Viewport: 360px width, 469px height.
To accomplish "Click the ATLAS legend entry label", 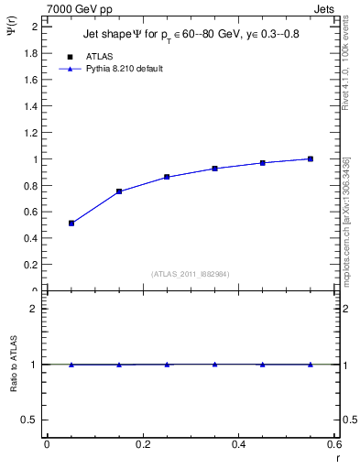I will click(99, 57).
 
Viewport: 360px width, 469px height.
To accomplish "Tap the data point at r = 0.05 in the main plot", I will click(71, 223).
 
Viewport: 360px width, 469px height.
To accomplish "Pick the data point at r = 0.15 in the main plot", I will click(119, 191).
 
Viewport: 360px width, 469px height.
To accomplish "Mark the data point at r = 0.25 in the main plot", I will click(167, 177).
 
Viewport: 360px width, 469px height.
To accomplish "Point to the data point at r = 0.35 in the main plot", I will click(214, 169).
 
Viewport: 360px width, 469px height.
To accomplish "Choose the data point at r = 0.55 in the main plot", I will click(311, 158).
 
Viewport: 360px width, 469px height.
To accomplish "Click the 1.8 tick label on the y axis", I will click(29, 53).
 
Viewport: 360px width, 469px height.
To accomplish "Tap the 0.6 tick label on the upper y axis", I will click(29, 213).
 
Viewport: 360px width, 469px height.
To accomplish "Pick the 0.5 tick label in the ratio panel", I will click(29, 420).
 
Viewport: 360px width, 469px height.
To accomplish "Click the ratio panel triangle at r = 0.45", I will click(263, 365).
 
